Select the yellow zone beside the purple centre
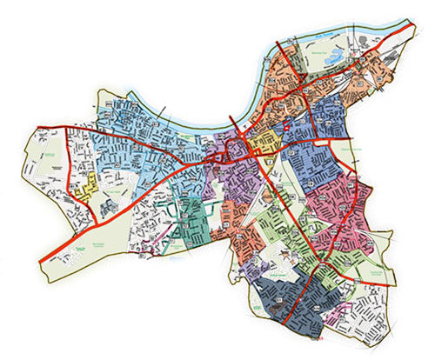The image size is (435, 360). (x=260, y=139)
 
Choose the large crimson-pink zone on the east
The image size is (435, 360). (x=348, y=209)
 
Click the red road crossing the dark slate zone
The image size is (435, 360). (x=297, y=296)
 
